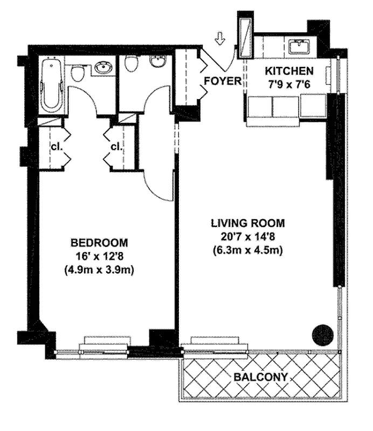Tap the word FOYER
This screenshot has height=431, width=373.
click(221, 81)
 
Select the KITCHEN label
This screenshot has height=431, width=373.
click(289, 71)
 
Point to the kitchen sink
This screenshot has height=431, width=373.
click(298, 47)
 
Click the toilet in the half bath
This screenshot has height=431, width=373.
click(131, 64)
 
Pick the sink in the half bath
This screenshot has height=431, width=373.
click(157, 61)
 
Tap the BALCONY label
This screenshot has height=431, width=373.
click(261, 377)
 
